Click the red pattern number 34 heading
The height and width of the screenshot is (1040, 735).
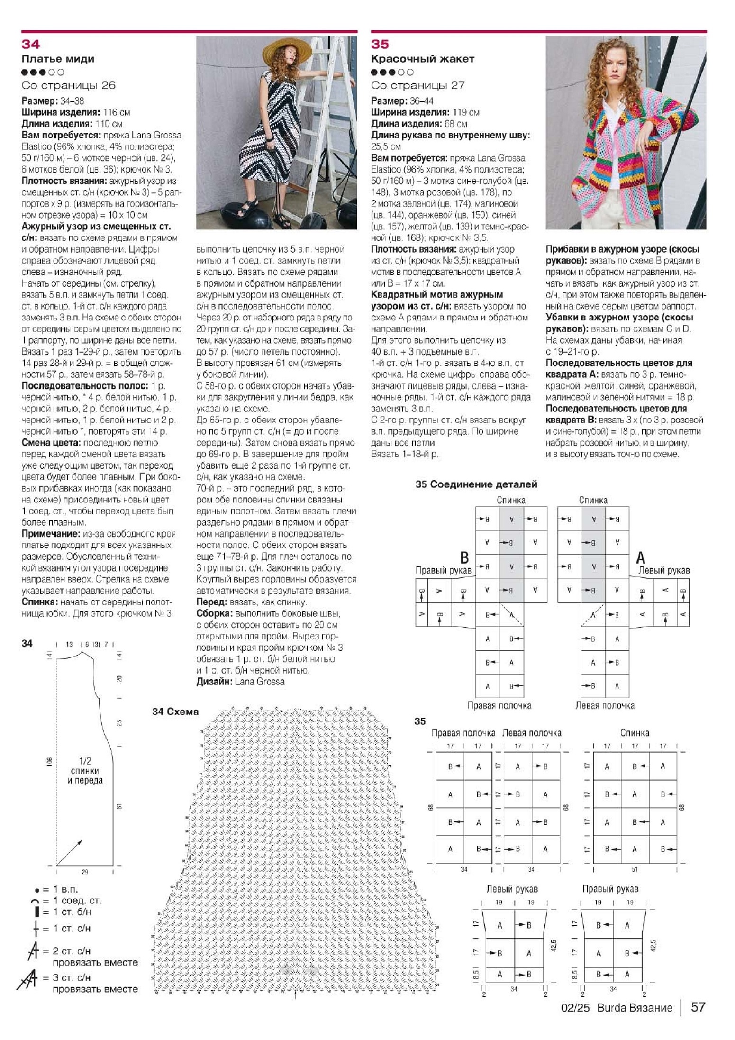coord(30,44)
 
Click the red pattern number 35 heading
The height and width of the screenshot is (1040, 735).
coord(380,44)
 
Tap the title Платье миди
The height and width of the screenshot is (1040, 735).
coord(58,59)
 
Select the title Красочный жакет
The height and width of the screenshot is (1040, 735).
coord(422,59)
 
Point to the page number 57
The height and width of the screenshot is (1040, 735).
coord(698,1007)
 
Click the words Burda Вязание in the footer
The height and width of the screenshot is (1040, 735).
coord(634,1008)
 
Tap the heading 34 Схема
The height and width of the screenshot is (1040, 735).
coord(175,712)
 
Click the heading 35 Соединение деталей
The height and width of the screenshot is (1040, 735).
coord(476,484)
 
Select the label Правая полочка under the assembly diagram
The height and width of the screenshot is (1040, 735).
coord(499,705)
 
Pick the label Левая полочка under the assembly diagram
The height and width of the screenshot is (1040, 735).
coord(605,705)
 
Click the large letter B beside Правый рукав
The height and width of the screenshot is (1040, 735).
coord(464,557)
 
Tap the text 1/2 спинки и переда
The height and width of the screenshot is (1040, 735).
coord(85,770)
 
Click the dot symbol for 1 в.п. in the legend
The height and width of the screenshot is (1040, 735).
coord(37,890)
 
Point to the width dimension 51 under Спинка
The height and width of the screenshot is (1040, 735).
coord(635,869)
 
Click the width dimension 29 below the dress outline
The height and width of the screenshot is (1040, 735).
coord(85,871)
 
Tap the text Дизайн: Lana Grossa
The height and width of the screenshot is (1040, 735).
coord(240,682)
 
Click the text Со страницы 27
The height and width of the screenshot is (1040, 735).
coord(417,85)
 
